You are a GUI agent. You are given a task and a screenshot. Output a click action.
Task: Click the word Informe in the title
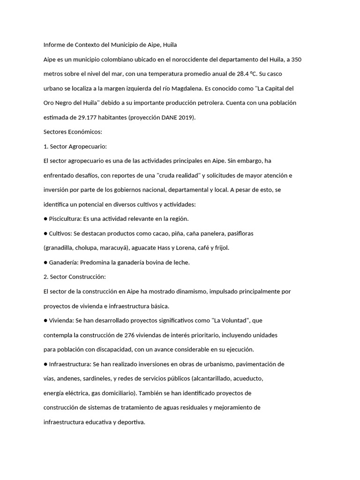click(x=54, y=45)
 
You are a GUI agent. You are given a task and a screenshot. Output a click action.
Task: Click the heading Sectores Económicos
click(x=69, y=132)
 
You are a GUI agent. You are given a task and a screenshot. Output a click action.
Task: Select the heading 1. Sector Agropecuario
click(x=75, y=147)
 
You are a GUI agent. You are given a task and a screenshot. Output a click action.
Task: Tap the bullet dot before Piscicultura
click(x=45, y=219)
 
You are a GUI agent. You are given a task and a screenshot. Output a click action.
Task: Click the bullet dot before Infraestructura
click(x=45, y=364)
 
